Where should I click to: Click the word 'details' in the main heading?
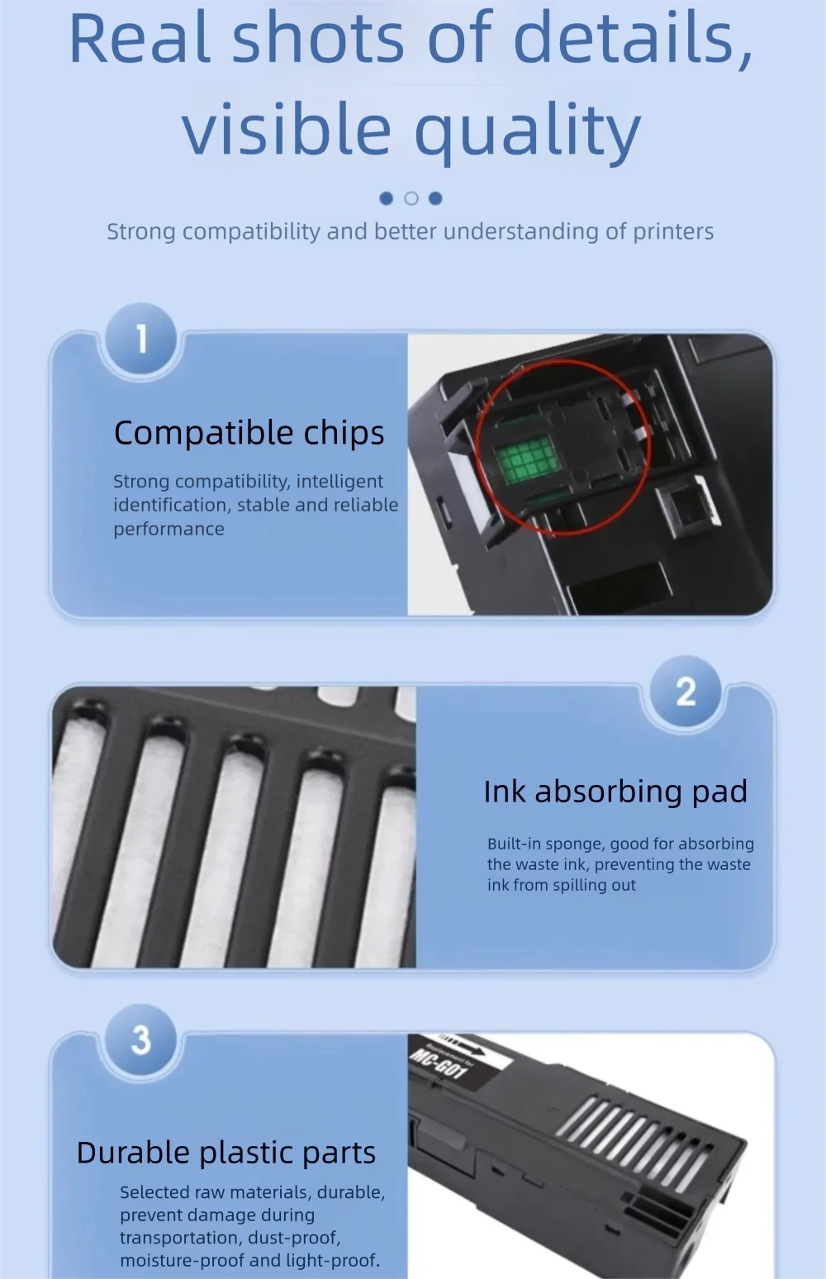point(633,38)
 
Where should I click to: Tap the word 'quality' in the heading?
point(528,131)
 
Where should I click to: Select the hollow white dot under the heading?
point(411,198)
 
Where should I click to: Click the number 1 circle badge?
point(141,339)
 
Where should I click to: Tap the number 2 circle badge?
point(686,692)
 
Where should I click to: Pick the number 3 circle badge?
point(141,1039)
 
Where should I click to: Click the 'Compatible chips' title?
point(249,434)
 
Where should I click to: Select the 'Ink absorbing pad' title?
point(615,792)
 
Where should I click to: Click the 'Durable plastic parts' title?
point(226,1153)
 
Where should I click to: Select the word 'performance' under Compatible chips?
point(169,530)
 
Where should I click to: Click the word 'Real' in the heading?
point(140,38)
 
